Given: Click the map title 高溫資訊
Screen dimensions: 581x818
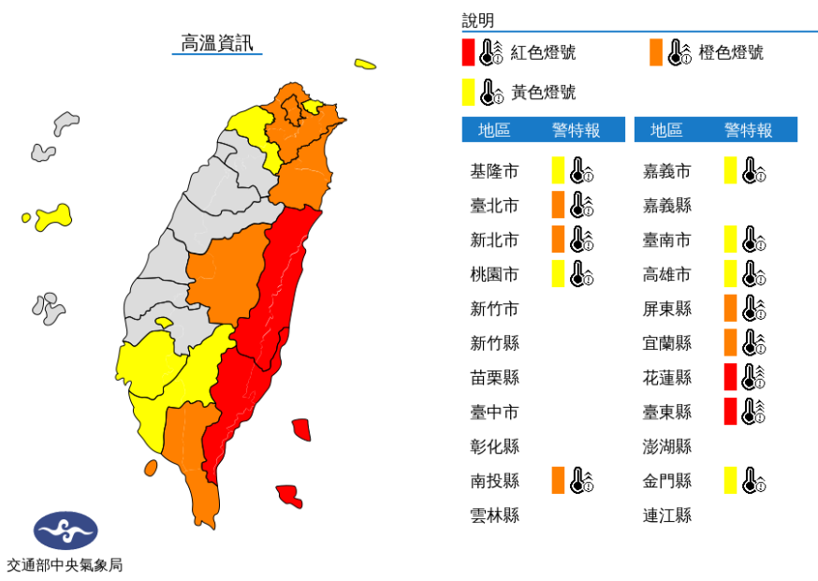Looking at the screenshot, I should click(x=216, y=43).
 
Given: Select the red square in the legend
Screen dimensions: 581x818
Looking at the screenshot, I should click(x=468, y=52).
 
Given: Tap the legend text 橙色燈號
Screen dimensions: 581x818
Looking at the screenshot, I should click(x=731, y=52).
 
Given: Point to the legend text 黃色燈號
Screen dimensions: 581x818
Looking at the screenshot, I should click(x=543, y=92).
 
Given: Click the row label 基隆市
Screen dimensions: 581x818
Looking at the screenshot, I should click(x=493, y=171).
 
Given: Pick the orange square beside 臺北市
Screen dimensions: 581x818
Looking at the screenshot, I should click(x=558, y=205).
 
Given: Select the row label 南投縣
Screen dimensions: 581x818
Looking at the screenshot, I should click(x=493, y=481).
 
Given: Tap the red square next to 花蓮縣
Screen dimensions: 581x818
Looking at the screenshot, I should click(x=730, y=377).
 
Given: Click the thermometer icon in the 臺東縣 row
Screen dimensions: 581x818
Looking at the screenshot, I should click(x=753, y=412).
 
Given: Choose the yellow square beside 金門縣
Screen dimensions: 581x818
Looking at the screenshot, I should click(x=730, y=481).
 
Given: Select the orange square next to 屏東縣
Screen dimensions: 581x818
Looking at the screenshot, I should click(x=730, y=308).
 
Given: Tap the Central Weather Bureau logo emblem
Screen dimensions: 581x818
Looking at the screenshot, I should click(x=65, y=530).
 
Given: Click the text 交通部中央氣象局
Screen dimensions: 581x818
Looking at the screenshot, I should click(x=65, y=565).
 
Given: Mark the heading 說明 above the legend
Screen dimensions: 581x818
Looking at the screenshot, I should click(x=477, y=21).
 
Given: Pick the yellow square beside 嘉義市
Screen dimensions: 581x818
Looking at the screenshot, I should click(x=730, y=170).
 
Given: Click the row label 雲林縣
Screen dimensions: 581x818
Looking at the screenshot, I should click(x=493, y=516).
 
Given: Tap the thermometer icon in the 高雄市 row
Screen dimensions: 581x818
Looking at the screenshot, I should click(x=753, y=274).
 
